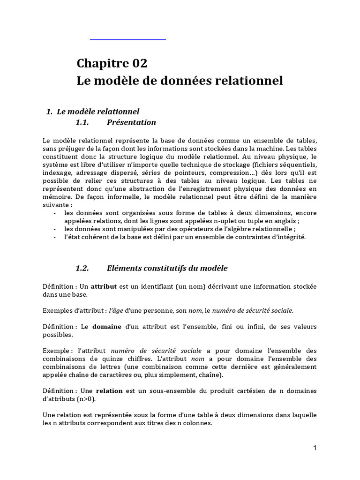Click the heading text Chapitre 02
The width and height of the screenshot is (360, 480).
(x=112, y=63)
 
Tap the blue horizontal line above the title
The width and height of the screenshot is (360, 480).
(x=128, y=39)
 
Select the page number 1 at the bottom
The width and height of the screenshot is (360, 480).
(x=315, y=448)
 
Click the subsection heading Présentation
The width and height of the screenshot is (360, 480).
(x=131, y=122)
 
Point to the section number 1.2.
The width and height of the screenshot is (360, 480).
(x=82, y=268)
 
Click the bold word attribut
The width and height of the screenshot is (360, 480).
(x=104, y=287)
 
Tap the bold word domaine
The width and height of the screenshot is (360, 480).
(x=106, y=326)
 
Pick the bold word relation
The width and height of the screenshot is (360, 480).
(x=109, y=391)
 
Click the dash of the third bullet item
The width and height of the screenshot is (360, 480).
(x=56, y=237)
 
